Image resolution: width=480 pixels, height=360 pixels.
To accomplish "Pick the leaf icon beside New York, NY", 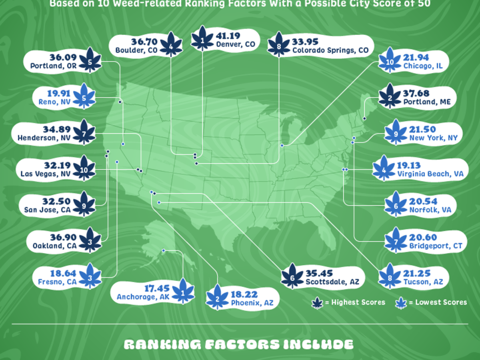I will click(395, 133).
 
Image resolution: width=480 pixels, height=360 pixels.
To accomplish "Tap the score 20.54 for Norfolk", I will click(424, 201).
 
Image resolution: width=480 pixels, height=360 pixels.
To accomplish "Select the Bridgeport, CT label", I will click(435, 245).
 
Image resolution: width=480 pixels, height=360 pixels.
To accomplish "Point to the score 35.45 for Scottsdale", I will click(319, 273).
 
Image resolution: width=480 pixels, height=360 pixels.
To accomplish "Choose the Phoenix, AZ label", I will click(252, 303).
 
